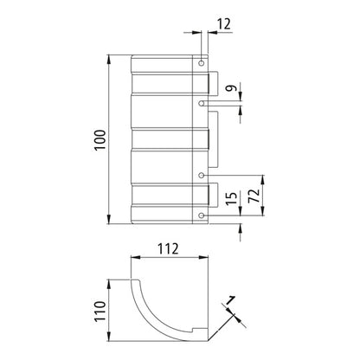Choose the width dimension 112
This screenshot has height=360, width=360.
(x=170, y=250)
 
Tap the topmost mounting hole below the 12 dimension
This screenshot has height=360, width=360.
(x=202, y=64)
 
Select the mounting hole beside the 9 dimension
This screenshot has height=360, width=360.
(x=202, y=103)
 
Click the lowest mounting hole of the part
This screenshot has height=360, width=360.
(x=202, y=215)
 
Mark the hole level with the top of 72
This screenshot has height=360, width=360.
(x=202, y=176)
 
